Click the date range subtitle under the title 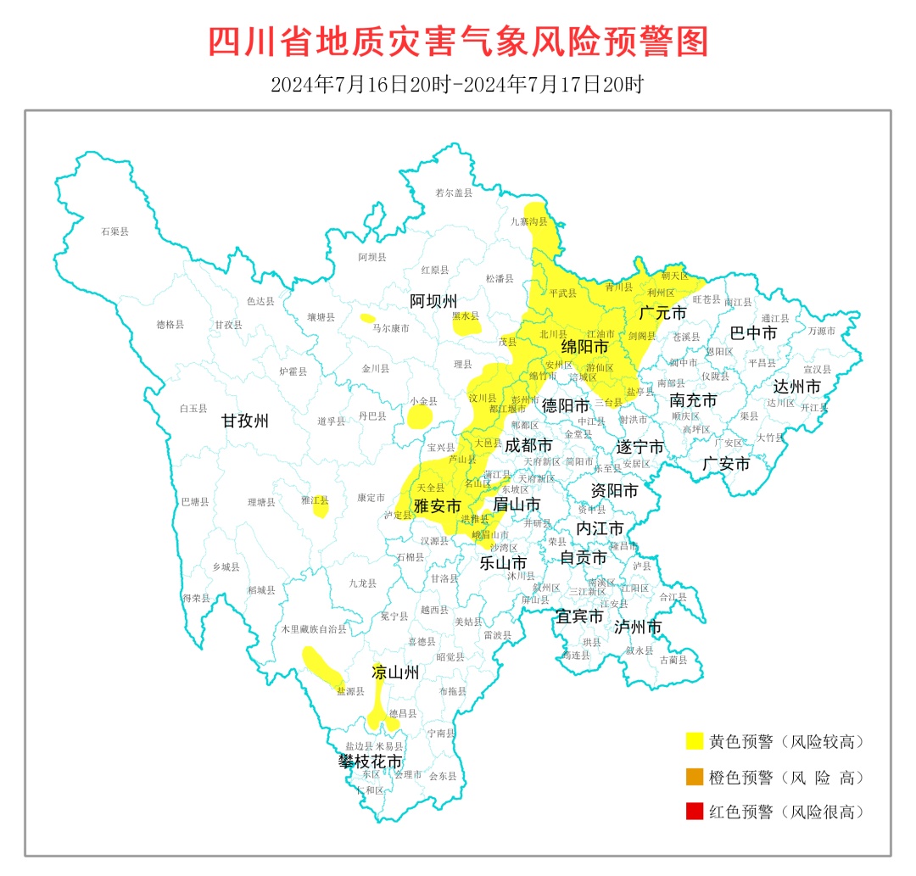[x=458, y=85]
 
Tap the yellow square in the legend [x=695, y=741]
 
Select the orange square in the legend [x=695, y=777]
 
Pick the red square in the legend [x=695, y=812]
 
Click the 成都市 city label [x=528, y=445]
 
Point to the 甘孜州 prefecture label [x=245, y=421]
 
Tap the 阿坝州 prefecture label [x=433, y=301]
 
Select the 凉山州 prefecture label [x=395, y=673]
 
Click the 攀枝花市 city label [x=371, y=762]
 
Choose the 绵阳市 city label [x=584, y=347]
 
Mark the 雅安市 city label [x=437, y=506]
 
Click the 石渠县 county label [x=114, y=231]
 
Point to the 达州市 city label [x=796, y=387]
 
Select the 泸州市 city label [x=637, y=627]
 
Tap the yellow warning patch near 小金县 [x=420, y=417]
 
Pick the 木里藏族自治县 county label [x=314, y=629]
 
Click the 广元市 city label [x=662, y=313]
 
